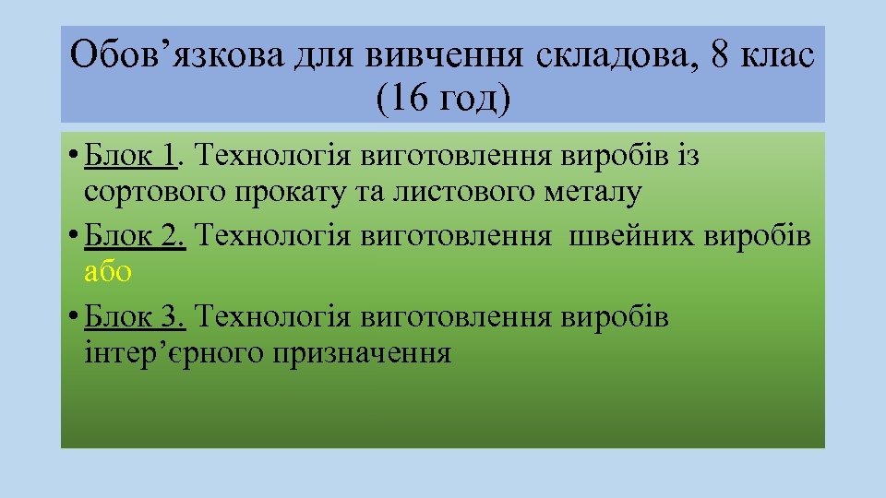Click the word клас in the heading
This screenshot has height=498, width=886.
pyautogui.click(x=778, y=57)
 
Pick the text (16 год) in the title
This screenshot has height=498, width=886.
pyautogui.click(x=442, y=99)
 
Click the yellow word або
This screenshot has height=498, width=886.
pyautogui.click(x=108, y=272)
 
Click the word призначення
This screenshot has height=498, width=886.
pyautogui.click(x=361, y=353)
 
